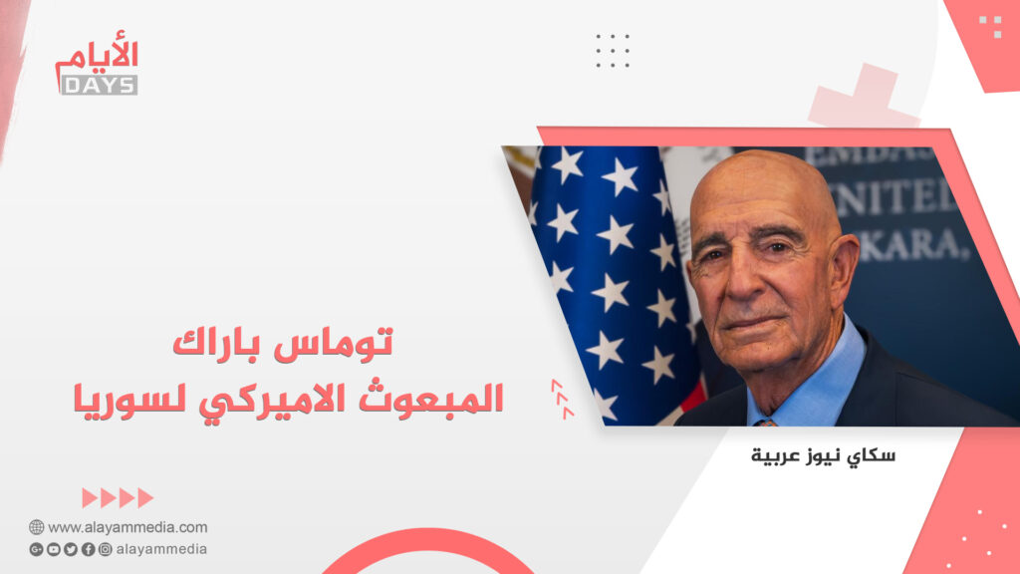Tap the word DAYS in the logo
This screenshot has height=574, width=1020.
tap(99, 86)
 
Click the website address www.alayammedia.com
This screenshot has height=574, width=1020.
tap(127, 527)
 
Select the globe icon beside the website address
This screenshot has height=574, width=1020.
tap(37, 527)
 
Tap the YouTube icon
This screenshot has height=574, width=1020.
tap(54, 549)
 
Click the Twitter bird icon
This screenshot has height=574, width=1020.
tap(71, 549)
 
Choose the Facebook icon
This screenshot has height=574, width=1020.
tap(88, 549)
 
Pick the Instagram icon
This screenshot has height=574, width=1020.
tap(105, 549)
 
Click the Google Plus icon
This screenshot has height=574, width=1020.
tap(37, 549)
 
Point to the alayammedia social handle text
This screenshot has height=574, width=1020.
tap(161, 549)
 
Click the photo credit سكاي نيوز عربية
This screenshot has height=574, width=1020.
tap(823, 455)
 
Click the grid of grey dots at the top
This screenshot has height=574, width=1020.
tap(613, 51)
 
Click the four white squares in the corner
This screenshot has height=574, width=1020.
tap(990, 27)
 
